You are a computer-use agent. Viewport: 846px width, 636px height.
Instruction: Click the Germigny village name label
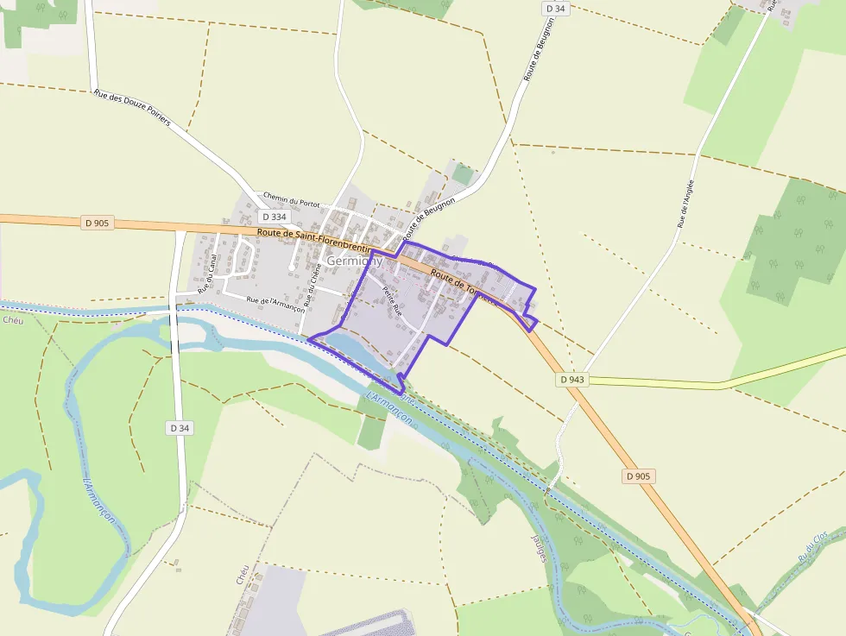tap(355, 260)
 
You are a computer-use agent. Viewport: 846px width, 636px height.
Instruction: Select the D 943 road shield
tap(571, 379)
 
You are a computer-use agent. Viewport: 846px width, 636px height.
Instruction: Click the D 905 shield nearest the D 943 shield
tap(639, 476)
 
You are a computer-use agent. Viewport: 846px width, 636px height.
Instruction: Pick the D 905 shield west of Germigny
tap(98, 223)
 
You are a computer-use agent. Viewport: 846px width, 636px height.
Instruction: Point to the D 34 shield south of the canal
tap(179, 427)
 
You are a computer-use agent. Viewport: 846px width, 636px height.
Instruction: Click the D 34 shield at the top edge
tap(555, 9)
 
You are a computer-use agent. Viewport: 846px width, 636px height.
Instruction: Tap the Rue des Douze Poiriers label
tap(132, 108)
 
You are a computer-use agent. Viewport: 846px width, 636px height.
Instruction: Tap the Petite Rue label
tap(393, 299)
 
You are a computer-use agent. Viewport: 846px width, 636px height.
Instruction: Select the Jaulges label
tap(539, 544)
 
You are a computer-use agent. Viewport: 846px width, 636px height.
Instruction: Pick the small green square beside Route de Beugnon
tap(464, 174)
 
